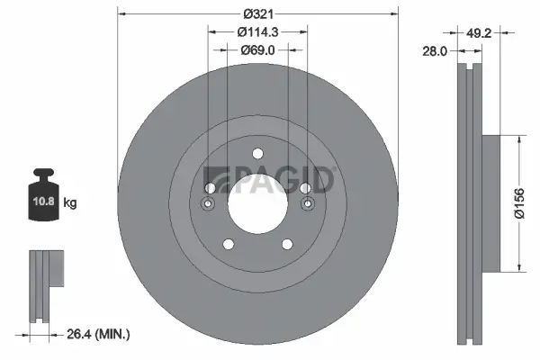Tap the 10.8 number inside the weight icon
click(x=44, y=202)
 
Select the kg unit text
click(x=70, y=203)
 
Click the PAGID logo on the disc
click(x=270, y=180)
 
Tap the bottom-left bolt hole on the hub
click(x=228, y=244)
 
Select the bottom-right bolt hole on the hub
click(x=287, y=244)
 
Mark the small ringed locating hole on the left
click(x=208, y=205)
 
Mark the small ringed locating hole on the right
click(x=307, y=205)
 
